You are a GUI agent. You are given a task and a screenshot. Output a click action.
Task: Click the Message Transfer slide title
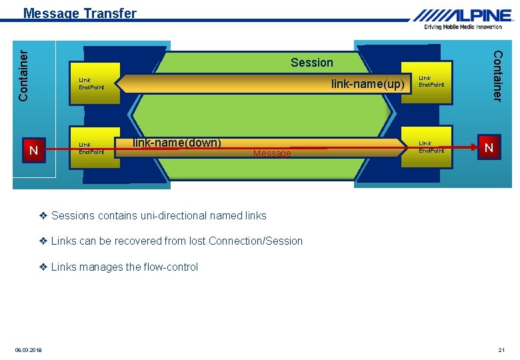[x=79, y=13]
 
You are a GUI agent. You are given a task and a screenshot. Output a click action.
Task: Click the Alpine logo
[x=463, y=15]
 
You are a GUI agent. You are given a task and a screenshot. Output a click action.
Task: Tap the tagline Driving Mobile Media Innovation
[x=463, y=27]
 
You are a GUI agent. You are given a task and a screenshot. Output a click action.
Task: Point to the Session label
[x=311, y=63]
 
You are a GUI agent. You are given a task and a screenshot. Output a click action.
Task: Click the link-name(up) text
[x=368, y=84]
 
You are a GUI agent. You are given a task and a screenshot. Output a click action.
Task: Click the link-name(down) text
[x=177, y=142]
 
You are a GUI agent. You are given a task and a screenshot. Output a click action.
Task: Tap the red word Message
[x=272, y=154]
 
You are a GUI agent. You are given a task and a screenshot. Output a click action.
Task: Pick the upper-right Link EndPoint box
[x=431, y=81]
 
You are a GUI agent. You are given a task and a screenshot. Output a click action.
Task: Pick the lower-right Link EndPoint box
[x=431, y=147]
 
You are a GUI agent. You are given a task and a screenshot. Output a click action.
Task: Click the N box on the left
[x=33, y=151]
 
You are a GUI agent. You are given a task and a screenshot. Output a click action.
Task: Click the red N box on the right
[x=489, y=148]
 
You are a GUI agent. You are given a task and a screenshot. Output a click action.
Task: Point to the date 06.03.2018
[x=28, y=350]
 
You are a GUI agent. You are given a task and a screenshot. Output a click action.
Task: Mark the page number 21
[x=501, y=350]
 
